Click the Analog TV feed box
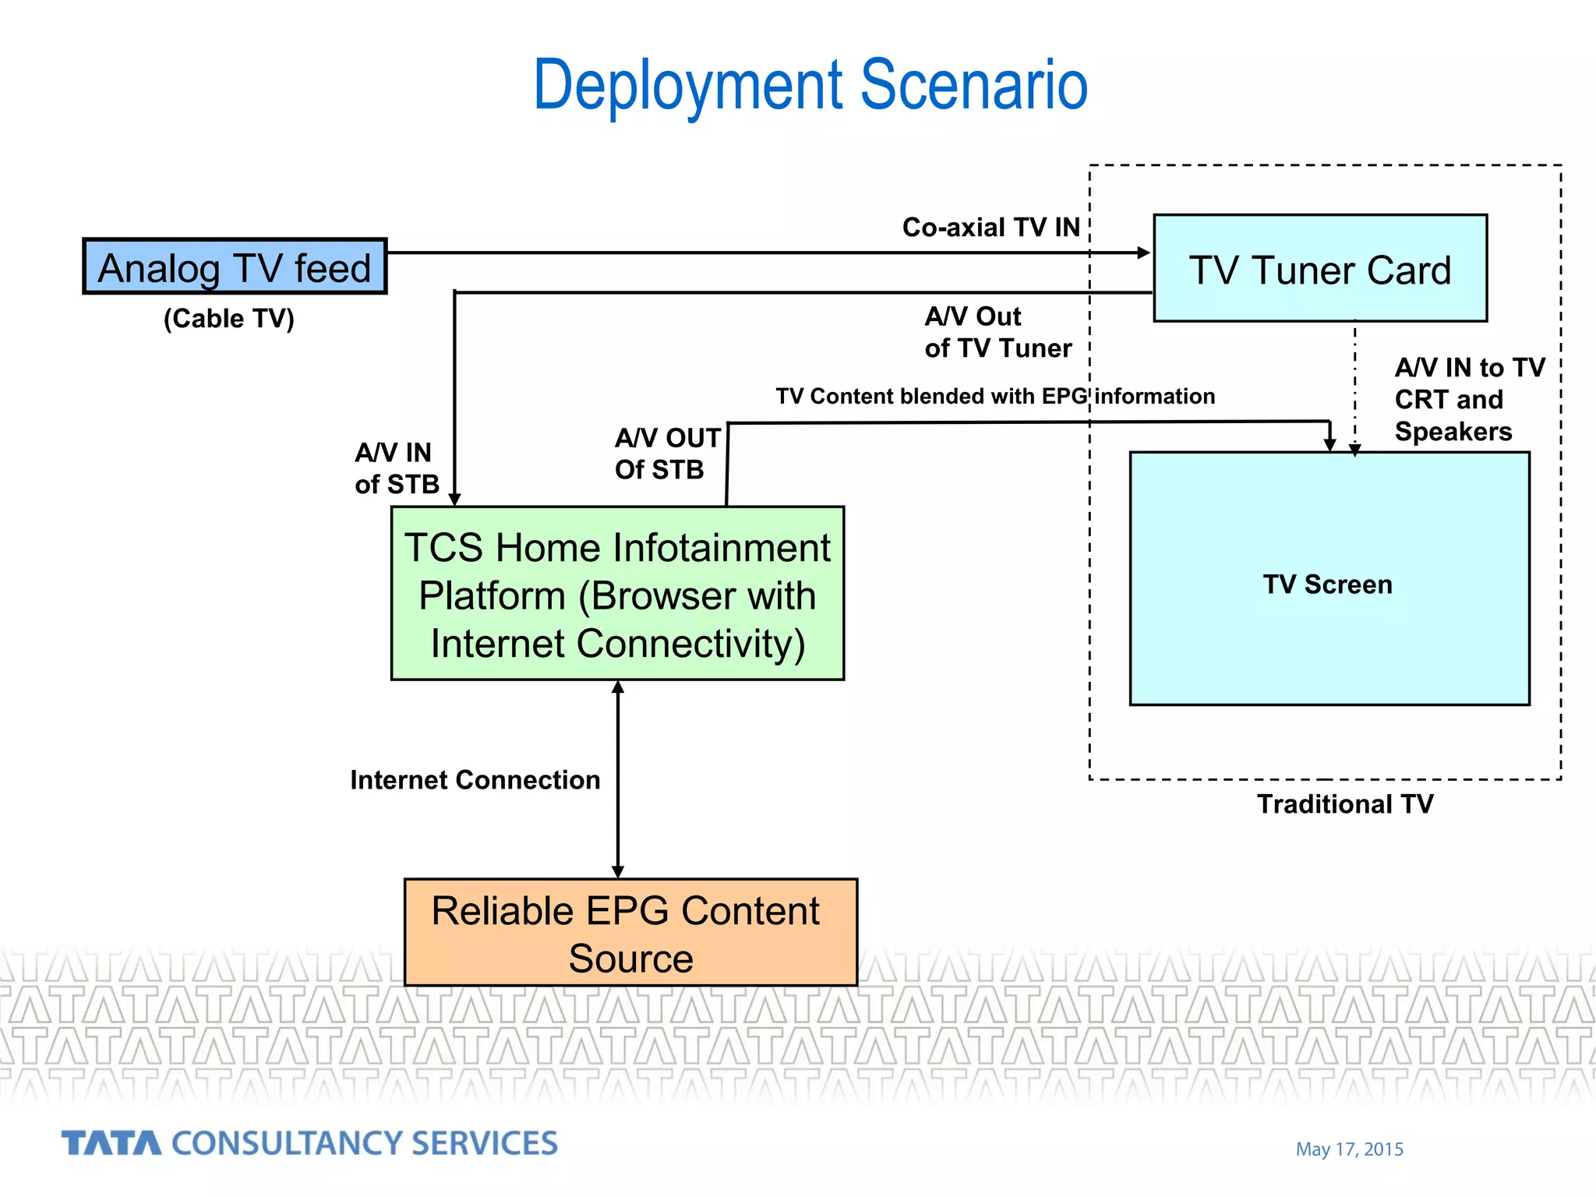235,267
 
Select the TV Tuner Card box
1320,268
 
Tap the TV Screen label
1327,584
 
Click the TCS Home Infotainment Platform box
617,594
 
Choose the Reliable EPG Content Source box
630,933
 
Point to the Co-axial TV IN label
990,228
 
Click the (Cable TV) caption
228,319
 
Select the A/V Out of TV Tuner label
997,332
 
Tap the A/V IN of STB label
396,468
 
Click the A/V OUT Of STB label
666,454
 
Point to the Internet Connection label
475,780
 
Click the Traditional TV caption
1344,804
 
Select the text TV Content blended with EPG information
994,397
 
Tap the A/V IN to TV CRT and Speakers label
1468,399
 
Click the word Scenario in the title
973,85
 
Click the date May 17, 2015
1349,1149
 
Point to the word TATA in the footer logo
111,1143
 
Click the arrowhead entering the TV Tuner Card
1143,252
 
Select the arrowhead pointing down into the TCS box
455,499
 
